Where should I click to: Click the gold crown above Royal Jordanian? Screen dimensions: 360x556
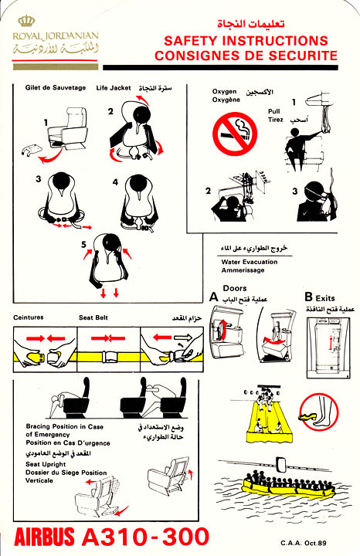[x=26, y=21]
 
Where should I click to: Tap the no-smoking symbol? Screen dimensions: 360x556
[x=234, y=134]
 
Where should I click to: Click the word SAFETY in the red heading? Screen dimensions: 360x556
[x=190, y=41]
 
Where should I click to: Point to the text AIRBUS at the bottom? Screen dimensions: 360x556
[x=44, y=537]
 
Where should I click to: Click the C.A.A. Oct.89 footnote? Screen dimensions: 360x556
[x=304, y=543]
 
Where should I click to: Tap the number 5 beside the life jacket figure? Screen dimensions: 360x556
[x=83, y=244]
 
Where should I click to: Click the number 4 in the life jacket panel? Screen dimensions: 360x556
[x=115, y=182]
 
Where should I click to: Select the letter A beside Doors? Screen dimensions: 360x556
[x=213, y=297]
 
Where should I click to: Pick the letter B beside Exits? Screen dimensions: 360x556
[x=308, y=297]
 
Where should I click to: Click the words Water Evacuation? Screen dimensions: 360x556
[x=250, y=262]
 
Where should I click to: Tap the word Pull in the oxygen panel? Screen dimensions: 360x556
[x=273, y=111]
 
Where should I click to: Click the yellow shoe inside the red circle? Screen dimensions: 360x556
[x=307, y=416]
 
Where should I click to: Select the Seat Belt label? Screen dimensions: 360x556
[x=93, y=317]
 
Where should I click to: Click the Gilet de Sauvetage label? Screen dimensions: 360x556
[x=56, y=87]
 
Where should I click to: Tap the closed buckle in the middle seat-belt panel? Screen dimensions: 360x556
[x=108, y=356]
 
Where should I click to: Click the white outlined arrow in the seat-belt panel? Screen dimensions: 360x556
[x=183, y=337]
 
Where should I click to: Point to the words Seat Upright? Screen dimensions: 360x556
[x=46, y=464]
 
